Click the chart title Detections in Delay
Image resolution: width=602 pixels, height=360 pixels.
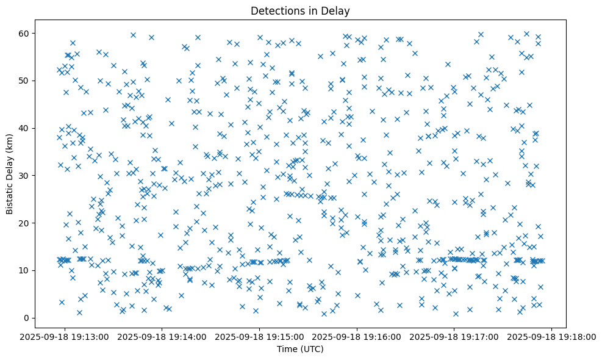[300, 10]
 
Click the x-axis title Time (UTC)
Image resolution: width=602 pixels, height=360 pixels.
[300, 349]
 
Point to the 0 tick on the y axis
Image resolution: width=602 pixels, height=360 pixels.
[27, 318]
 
